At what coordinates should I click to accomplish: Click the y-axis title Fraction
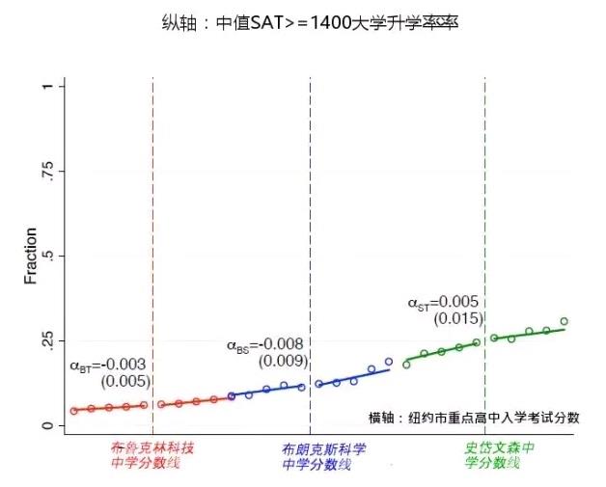(x=31, y=256)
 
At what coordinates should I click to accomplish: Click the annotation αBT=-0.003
(x=108, y=365)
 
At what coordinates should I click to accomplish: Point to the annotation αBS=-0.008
(x=264, y=344)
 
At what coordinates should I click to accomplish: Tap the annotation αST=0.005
(x=443, y=303)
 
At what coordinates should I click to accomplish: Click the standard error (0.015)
(x=456, y=319)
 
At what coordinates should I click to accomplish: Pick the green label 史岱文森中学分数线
(x=500, y=456)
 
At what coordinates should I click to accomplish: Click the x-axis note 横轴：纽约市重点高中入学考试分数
(x=474, y=417)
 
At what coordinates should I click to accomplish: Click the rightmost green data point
(x=565, y=322)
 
